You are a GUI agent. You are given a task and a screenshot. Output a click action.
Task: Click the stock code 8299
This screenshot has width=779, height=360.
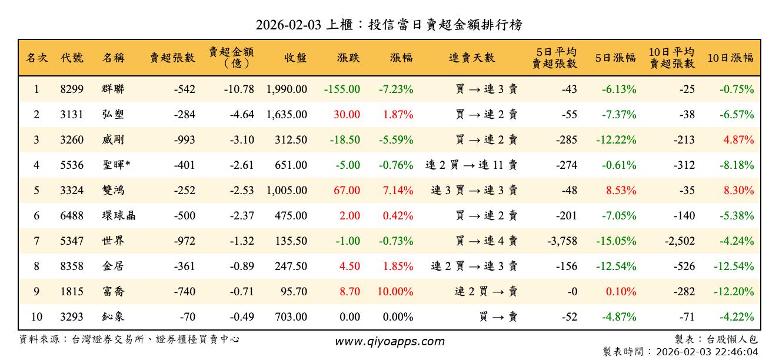[x=72, y=89]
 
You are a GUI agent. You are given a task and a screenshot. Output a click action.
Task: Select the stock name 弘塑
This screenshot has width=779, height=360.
[x=112, y=115]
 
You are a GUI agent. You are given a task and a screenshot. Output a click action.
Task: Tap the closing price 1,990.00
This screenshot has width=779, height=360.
[x=287, y=89]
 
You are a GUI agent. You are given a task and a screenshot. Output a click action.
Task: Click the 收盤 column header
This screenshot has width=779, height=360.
[x=295, y=58]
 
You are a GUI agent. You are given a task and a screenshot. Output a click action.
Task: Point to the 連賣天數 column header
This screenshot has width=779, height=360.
[x=472, y=58]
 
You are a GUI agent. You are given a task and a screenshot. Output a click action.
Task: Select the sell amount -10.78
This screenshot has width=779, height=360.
[x=239, y=89]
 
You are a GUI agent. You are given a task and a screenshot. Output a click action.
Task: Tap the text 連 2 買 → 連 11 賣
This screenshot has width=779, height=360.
[x=471, y=165]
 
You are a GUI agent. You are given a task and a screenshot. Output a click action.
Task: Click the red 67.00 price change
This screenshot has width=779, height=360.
[x=347, y=191]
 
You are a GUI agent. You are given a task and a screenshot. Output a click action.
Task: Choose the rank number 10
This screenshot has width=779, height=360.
[x=36, y=317]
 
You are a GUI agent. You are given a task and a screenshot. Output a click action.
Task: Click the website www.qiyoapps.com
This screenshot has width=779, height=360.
[x=389, y=342]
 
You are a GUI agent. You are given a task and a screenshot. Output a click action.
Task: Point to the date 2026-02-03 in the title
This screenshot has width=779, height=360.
[x=288, y=25]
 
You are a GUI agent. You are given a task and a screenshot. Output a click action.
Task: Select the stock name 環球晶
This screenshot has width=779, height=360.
[x=118, y=216]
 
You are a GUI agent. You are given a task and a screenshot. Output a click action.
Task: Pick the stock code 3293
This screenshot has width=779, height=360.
[x=72, y=317]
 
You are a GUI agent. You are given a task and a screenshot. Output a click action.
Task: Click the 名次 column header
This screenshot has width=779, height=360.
[x=36, y=58]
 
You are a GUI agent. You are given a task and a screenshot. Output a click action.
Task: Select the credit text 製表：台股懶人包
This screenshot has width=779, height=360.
[x=716, y=339]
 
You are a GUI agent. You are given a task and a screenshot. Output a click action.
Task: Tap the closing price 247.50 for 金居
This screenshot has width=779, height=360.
[x=291, y=266]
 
